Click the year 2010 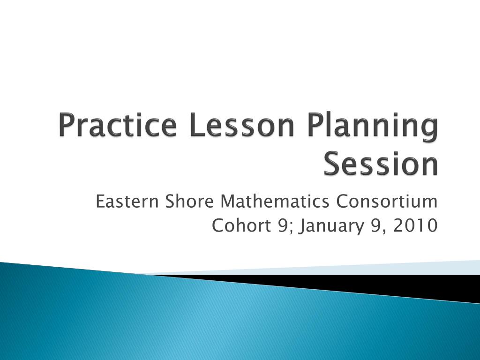[416, 226]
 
